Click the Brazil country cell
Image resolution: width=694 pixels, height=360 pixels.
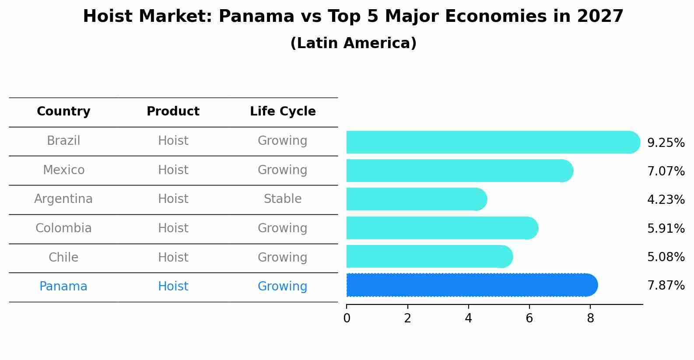click(63, 141)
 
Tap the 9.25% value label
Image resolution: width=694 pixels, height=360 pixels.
click(666, 143)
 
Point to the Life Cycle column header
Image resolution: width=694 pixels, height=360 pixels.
click(283, 112)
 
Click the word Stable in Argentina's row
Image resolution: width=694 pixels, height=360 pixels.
click(282, 199)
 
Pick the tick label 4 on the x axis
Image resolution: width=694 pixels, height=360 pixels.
click(468, 318)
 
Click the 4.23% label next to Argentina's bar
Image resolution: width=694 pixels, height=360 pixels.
click(666, 200)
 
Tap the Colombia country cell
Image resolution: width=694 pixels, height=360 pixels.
click(63, 228)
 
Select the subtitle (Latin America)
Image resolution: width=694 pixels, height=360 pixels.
click(353, 43)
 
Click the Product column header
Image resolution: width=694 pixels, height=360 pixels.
click(173, 112)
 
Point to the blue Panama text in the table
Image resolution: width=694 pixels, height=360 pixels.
click(63, 287)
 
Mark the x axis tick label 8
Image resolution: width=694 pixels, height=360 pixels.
click(590, 318)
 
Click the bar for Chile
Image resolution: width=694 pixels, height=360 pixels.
click(429, 256)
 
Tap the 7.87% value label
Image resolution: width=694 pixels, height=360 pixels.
click(666, 286)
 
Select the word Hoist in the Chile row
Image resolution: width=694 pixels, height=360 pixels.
click(173, 257)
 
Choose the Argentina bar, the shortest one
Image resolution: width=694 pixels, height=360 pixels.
click(416, 199)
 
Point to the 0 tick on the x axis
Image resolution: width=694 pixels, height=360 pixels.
click(347, 318)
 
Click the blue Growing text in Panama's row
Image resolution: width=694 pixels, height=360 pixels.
click(282, 287)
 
